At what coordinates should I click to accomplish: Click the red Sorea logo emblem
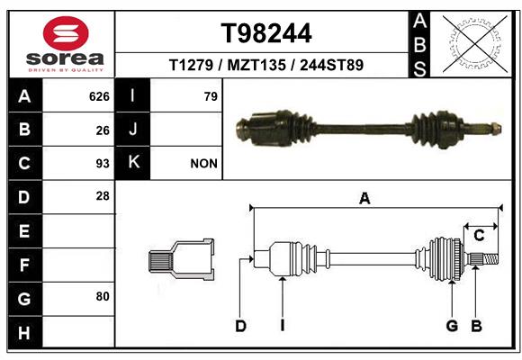[x=66, y=33]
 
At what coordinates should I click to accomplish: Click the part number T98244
[x=266, y=33]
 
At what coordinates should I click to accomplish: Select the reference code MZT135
[x=256, y=65]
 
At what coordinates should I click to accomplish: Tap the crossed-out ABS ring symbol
[x=475, y=44]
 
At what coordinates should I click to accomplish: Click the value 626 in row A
[x=99, y=96]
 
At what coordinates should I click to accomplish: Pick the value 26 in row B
[x=103, y=130]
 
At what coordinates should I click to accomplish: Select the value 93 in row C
[x=103, y=164]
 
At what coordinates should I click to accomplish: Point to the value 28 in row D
[x=103, y=196]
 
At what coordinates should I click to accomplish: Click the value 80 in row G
[x=103, y=296]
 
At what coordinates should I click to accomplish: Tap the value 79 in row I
[x=211, y=96]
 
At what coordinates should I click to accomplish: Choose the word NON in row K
[x=203, y=164]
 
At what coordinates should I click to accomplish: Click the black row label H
[x=25, y=332]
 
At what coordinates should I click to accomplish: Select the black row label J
[x=133, y=129]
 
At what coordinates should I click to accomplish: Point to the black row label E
[x=25, y=230]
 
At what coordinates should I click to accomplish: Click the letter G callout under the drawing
[x=452, y=326]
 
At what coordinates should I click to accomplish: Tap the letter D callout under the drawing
[x=240, y=326]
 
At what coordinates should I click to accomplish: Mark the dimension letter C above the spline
[x=479, y=236]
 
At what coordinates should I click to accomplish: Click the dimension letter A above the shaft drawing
[x=364, y=199]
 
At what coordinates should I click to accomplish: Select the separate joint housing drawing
[x=181, y=259]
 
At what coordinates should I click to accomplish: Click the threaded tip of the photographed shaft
[x=496, y=128]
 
